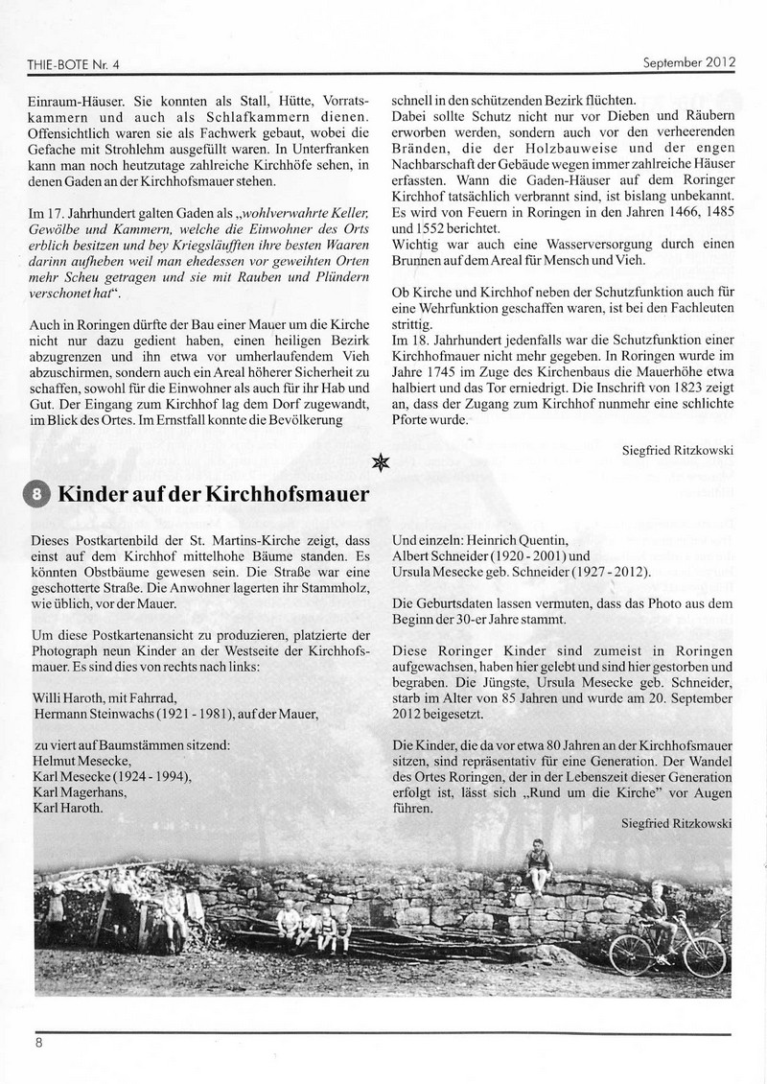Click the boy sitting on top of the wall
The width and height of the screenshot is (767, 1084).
(539, 866)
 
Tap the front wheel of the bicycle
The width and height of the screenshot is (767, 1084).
(704, 955)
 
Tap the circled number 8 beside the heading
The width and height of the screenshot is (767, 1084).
(36, 495)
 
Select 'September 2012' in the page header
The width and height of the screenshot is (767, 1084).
(687, 63)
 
